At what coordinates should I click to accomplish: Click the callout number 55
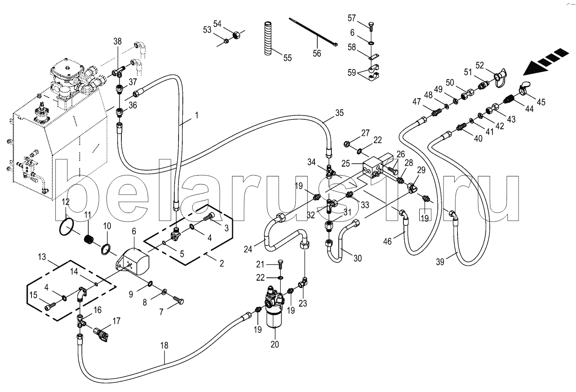point(288,58)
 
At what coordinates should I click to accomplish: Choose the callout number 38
point(118,41)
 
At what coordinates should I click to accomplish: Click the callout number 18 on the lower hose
point(164,346)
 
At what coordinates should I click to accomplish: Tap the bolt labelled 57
point(371,26)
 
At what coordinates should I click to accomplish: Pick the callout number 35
point(339,113)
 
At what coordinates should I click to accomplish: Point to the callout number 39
point(440,262)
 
